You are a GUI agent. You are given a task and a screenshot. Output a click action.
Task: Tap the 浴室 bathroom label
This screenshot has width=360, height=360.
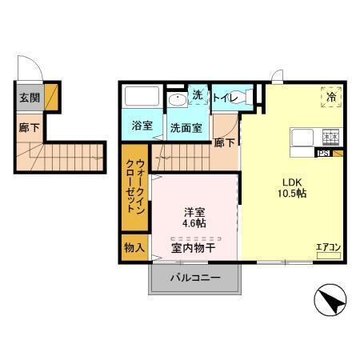(x=142, y=126)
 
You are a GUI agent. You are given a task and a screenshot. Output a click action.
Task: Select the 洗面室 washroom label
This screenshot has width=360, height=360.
(x=185, y=126)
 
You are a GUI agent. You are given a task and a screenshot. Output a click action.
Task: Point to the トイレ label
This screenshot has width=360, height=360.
(x=223, y=98)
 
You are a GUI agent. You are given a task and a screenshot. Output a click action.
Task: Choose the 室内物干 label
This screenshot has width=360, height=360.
(x=192, y=247)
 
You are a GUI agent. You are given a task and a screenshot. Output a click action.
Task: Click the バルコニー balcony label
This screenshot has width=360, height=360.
(x=194, y=278)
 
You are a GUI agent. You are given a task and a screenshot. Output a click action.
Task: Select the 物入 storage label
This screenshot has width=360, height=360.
(x=133, y=247)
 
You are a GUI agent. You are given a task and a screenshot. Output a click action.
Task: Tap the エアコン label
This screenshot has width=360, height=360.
(x=328, y=247)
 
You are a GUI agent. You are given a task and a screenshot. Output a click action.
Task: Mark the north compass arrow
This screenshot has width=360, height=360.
(x=330, y=303)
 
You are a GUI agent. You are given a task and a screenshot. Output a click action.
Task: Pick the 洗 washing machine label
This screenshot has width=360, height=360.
(x=198, y=95)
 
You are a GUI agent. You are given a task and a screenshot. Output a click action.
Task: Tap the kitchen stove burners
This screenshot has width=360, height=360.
(x=330, y=137)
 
